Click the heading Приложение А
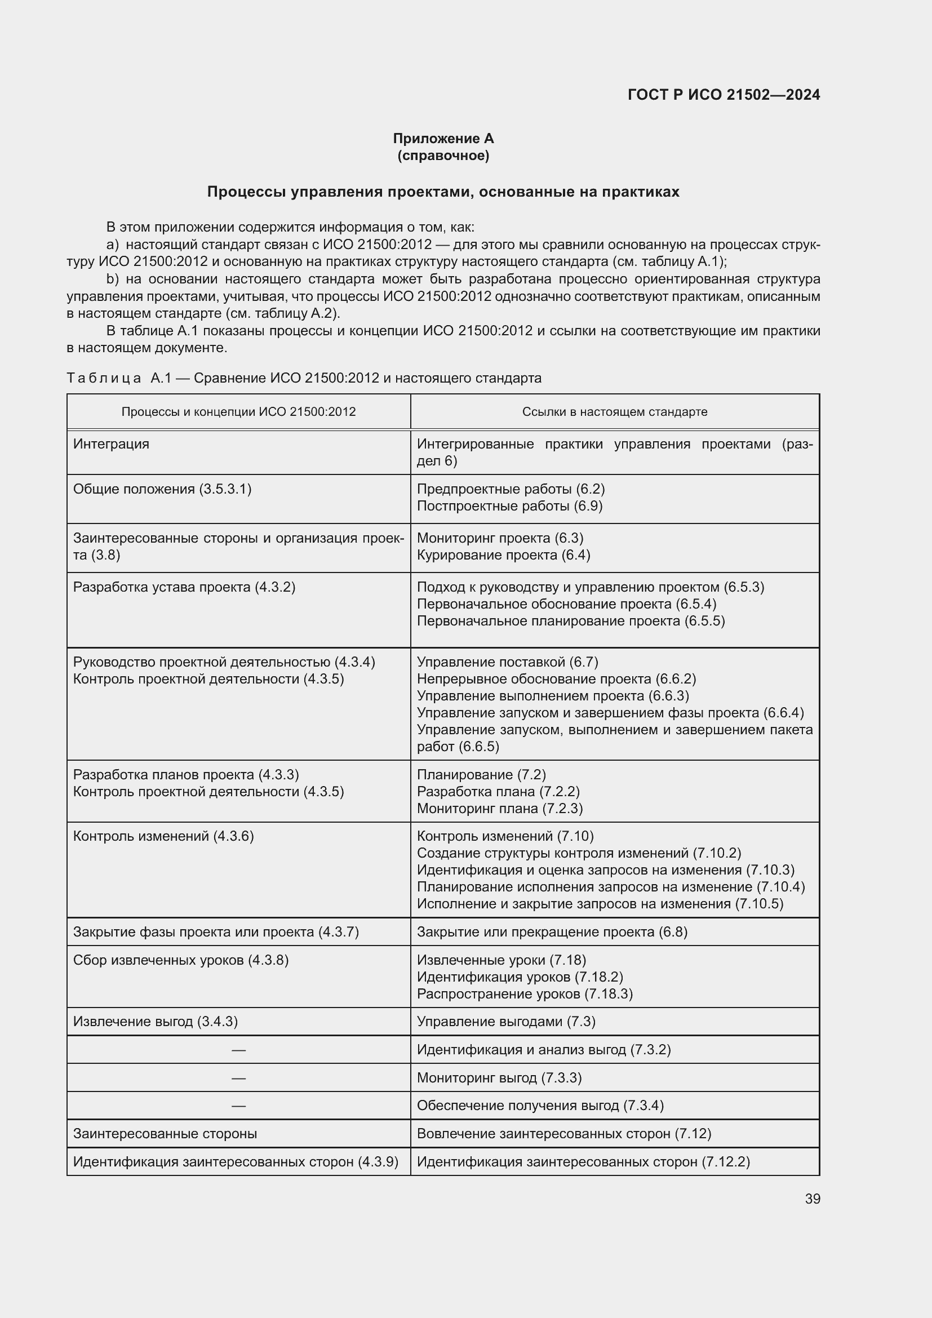click(x=443, y=139)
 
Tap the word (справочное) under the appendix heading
click(x=443, y=156)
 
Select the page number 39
click(x=812, y=1199)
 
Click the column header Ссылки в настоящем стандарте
click(x=614, y=411)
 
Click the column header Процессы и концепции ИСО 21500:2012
click(x=238, y=411)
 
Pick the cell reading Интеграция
click(x=112, y=443)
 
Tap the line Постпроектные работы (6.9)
click(x=509, y=505)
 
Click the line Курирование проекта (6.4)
click(x=503, y=554)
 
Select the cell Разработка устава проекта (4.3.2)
click(x=184, y=587)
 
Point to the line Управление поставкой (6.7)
click(x=507, y=662)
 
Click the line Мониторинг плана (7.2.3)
click(x=499, y=808)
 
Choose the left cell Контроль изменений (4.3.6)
click(x=163, y=836)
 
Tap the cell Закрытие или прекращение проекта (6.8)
click(x=552, y=931)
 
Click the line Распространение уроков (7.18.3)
click(x=524, y=993)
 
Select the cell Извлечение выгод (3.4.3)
click(x=155, y=1021)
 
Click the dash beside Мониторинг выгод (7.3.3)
click(x=238, y=1077)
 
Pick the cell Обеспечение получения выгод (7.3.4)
click(x=539, y=1105)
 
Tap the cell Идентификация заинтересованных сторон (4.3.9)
click(x=236, y=1161)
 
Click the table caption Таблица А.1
click(x=304, y=378)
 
